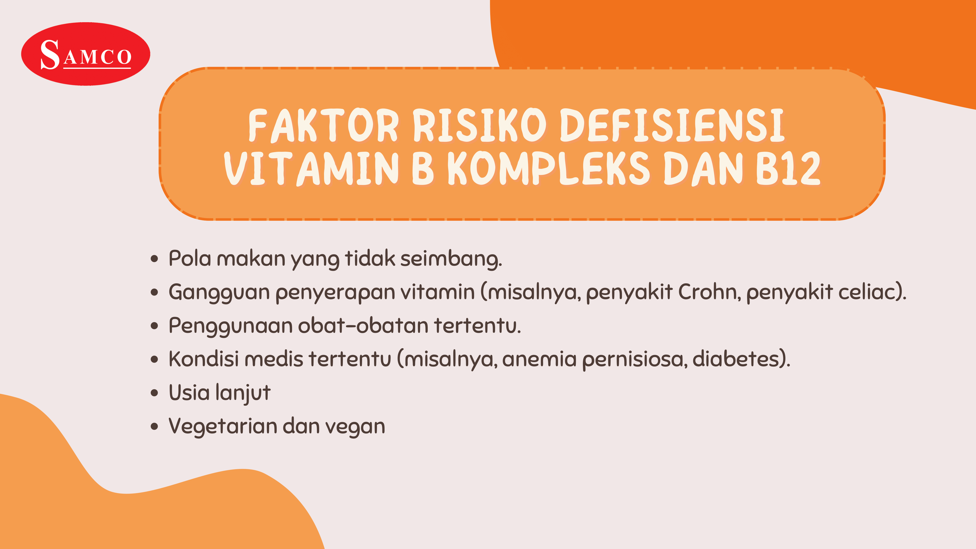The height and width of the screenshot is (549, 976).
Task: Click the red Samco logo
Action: click(x=86, y=54)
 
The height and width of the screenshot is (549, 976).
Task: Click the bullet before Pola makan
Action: click(x=154, y=259)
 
